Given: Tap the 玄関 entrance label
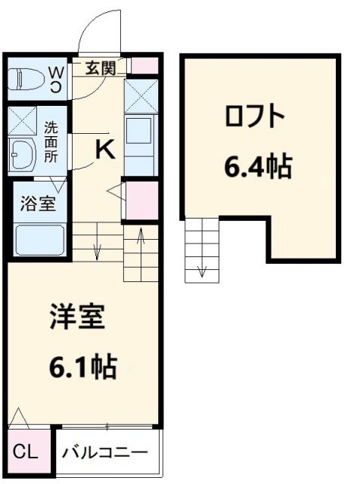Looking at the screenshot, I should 99,69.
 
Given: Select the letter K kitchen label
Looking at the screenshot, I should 104,150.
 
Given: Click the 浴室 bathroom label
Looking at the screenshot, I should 37,203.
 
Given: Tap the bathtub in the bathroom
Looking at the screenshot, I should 39,240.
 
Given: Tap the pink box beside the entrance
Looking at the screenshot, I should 147,65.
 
